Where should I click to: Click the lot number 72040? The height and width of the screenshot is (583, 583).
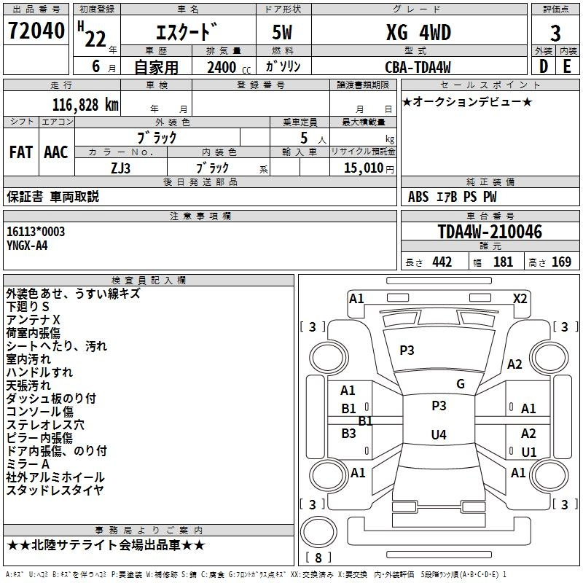pos(36,31)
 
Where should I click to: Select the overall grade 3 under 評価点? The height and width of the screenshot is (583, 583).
pos(555,34)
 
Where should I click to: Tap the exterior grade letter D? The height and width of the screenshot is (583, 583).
pos(544,66)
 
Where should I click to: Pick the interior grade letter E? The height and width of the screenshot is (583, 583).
pos(567,66)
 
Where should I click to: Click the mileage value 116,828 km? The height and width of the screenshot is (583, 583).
pos(85,105)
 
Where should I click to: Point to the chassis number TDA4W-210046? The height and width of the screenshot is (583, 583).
pos(490,232)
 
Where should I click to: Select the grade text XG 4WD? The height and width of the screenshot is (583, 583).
pos(418,32)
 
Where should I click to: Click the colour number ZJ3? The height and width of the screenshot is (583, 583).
pos(120,168)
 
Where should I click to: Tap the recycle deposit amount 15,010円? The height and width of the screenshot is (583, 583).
pos(369,168)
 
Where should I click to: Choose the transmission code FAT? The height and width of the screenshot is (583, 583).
pos(21,152)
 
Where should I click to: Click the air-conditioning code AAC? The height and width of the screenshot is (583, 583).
pos(56,152)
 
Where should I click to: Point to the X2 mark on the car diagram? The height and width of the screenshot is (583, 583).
pos(520,299)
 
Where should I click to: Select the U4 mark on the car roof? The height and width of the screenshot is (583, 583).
pos(439,434)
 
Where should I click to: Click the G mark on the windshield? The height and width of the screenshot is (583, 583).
pos(461,384)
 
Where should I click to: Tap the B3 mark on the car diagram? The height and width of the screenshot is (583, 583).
pos(348,433)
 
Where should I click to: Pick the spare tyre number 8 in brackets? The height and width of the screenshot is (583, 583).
pos(318,557)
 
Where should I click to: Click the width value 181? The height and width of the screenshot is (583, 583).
pos(503,262)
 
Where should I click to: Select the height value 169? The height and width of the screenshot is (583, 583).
pos(561,262)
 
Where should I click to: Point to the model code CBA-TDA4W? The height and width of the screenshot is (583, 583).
pos(418,67)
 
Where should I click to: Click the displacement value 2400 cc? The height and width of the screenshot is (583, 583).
pos(229,67)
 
